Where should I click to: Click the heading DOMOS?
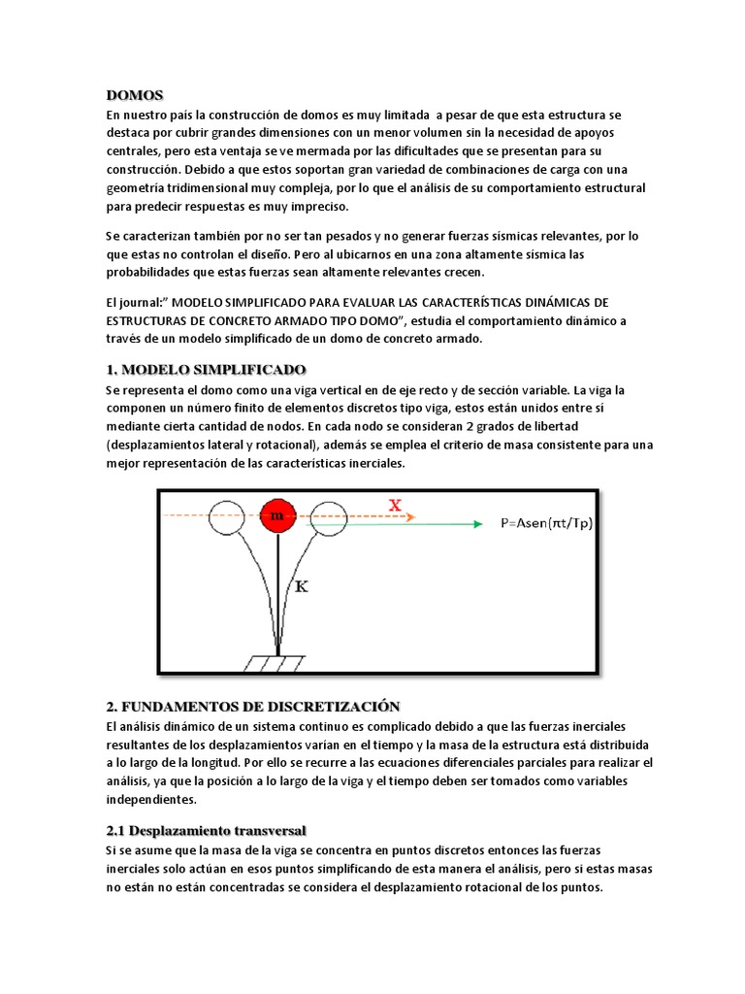pyautogui.click(x=135, y=95)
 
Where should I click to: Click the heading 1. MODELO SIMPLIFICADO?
pyautogui.click(x=206, y=371)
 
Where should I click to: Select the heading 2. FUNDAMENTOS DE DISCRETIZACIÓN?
pyautogui.click(x=251, y=706)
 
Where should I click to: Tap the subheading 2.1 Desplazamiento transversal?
pyautogui.click(x=206, y=831)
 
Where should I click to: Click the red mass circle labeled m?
pyautogui.click(x=278, y=516)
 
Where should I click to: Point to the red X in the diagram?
pyautogui.click(x=395, y=505)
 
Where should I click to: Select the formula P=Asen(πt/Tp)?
pyautogui.click(x=546, y=524)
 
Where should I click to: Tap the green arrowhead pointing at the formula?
pyautogui.click(x=475, y=524)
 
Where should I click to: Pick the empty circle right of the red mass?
pyautogui.click(x=330, y=516)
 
